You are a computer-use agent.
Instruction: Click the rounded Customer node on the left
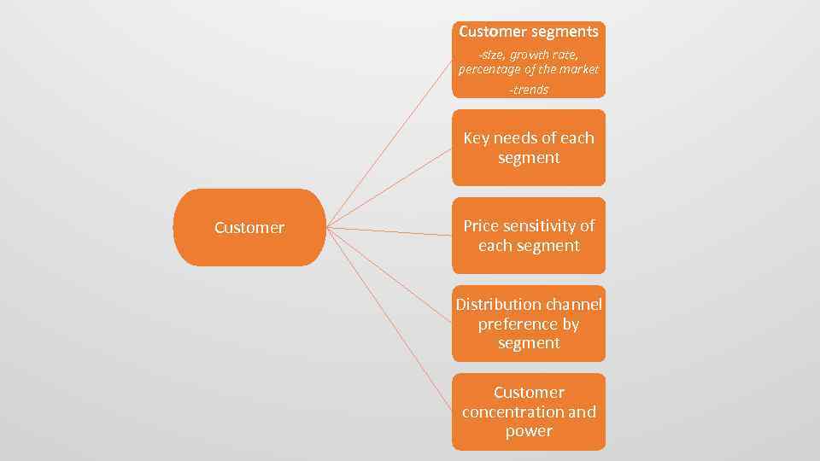[x=249, y=228]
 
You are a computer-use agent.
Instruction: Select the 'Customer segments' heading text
[x=528, y=32]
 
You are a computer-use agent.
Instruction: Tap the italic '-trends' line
[x=528, y=90]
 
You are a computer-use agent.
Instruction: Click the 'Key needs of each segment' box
[x=528, y=148]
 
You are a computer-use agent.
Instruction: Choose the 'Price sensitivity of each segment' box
[x=528, y=236]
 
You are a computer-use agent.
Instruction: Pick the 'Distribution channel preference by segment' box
[x=528, y=324]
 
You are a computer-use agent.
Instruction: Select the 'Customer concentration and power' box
[x=528, y=411]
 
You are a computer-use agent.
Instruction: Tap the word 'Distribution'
[x=499, y=305]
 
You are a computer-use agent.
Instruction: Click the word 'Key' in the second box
[x=477, y=138]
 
